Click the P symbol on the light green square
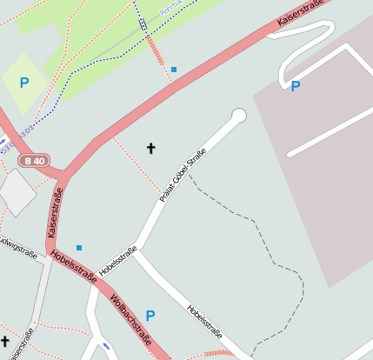tap(24, 83)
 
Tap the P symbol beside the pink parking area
tap(296, 86)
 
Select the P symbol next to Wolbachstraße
tap(150, 316)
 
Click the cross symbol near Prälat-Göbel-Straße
tap(150, 148)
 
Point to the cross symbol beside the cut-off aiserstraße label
tap(4, 341)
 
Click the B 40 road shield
tap(35, 160)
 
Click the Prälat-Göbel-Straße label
tap(183, 175)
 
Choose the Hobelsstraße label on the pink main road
tap(73, 266)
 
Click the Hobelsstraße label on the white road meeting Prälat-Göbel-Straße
tap(118, 262)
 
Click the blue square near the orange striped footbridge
tap(174, 69)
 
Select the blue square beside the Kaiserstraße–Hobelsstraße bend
tap(79, 248)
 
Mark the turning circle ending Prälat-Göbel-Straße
tap(239, 116)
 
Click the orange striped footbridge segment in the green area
tap(155, 50)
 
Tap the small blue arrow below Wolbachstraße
tap(106, 346)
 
